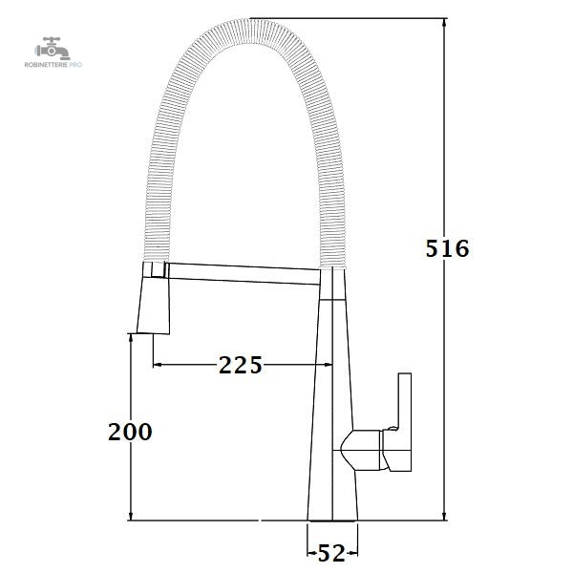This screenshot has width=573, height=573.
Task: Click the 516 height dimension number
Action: pyautogui.click(x=447, y=248)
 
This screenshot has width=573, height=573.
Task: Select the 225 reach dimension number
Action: pyautogui.click(x=241, y=365)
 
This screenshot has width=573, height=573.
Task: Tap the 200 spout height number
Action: pyautogui.click(x=130, y=432)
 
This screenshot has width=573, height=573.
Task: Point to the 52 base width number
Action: pyautogui.click(x=331, y=553)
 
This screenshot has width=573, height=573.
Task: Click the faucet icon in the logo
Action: pyautogui.click(x=53, y=49)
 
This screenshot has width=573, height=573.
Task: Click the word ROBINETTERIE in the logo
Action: pyautogui.click(x=47, y=65)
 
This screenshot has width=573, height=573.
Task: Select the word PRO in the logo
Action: pyautogui.click(x=75, y=65)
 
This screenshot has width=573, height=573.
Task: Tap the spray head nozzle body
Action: pyautogui.click(x=154, y=306)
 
